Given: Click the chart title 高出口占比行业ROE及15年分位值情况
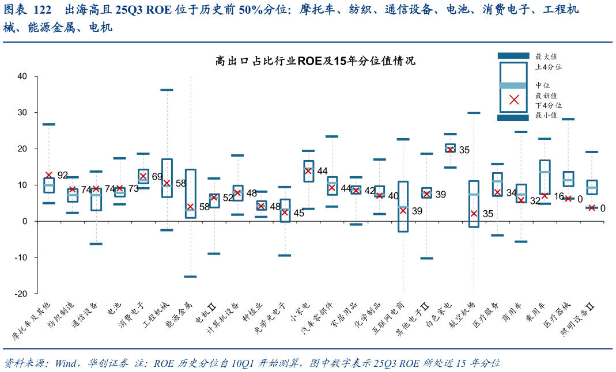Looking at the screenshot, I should click(315, 61).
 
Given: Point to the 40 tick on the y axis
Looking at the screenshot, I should click(22, 76).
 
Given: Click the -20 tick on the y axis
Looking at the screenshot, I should click(21, 293).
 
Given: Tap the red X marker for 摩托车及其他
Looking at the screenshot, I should click(49, 175).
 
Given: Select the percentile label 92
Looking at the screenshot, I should click(63, 175).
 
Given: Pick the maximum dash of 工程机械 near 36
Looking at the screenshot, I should click(167, 90).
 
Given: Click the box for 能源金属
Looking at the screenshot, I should click(190, 193).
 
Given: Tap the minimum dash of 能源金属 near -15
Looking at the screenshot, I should click(190, 277).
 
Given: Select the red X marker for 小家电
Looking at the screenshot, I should click(308, 170).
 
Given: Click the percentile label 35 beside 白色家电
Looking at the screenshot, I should click(464, 150).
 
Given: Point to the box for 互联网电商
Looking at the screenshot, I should click(403, 206).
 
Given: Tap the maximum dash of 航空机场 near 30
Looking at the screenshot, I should click(474, 113).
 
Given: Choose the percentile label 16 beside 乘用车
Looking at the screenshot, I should click(558, 196).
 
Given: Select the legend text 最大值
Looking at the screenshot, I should click(546, 56).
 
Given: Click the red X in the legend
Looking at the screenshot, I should click(514, 100).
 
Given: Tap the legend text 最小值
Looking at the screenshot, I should click(546, 115).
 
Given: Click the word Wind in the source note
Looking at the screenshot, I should click(67, 363).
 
